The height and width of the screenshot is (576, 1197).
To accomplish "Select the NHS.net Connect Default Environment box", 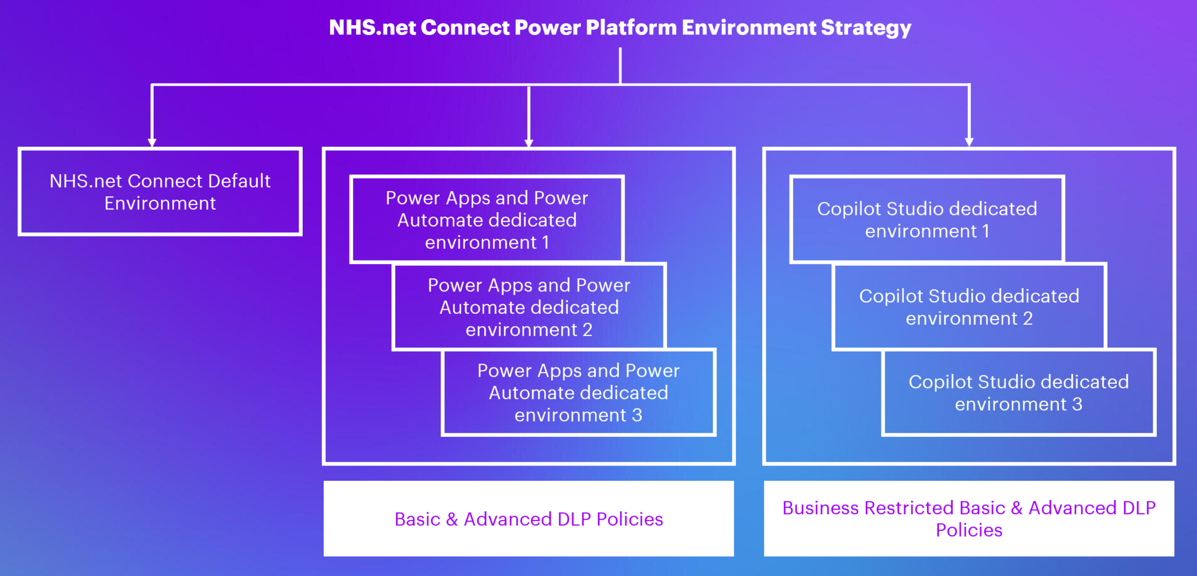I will point(160,192).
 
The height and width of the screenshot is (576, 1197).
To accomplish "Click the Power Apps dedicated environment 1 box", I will point(487,220).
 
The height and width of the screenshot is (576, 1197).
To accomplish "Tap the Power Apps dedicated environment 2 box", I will point(529,307).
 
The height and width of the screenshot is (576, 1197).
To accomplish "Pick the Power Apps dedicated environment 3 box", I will point(578,393).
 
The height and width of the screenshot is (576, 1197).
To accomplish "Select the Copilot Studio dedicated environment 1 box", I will point(927,220).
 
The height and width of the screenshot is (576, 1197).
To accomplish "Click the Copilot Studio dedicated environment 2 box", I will point(969,307).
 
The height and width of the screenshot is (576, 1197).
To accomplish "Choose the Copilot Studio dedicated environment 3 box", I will point(1018,393).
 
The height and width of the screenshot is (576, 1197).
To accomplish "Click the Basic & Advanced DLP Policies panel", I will point(528,519).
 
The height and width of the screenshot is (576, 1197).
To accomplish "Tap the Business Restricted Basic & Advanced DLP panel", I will point(968,519).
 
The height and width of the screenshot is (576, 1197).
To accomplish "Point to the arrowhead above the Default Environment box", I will point(152,142).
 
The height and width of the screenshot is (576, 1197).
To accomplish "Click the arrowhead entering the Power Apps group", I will point(528,143).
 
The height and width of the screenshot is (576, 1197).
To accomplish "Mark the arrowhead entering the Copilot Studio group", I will point(969,142).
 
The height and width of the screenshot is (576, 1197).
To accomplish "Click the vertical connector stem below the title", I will point(620,65).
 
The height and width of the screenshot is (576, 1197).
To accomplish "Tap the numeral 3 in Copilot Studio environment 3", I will point(1077,404).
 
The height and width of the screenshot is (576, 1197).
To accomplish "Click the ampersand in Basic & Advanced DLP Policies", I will point(452,519).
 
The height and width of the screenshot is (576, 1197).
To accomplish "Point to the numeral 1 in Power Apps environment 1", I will point(545,242).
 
